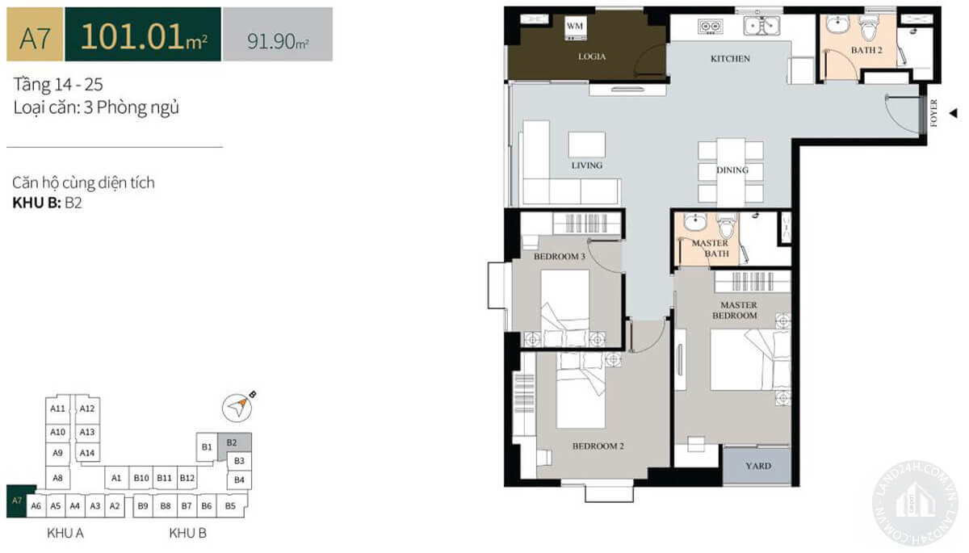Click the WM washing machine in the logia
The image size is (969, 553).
click(x=574, y=29)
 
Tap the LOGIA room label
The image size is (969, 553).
click(x=592, y=57)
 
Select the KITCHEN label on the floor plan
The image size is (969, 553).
click(x=730, y=59)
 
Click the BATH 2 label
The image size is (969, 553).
click(x=866, y=50)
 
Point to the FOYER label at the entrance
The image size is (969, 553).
click(x=933, y=113)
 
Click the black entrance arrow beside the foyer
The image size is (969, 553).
click(x=953, y=113)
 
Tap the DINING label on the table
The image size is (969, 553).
click(x=732, y=170)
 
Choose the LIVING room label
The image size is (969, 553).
click(x=586, y=165)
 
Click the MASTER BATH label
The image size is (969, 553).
click(x=711, y=248)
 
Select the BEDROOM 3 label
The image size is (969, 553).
click(x=560, y=257)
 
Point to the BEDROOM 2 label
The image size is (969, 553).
click(x=598, y=446)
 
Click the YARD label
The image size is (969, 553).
click(x=758, y=466)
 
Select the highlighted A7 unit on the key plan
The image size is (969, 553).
click(x=17, y=501)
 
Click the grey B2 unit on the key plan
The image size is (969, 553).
click(x=233, y=443)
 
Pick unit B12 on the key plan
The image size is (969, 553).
click(x=187, y=478)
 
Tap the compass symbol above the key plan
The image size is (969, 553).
click(x=237, y=408)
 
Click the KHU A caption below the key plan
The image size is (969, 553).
click(x=65, y=533)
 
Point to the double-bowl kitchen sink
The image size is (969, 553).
click(x=761, y=26)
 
